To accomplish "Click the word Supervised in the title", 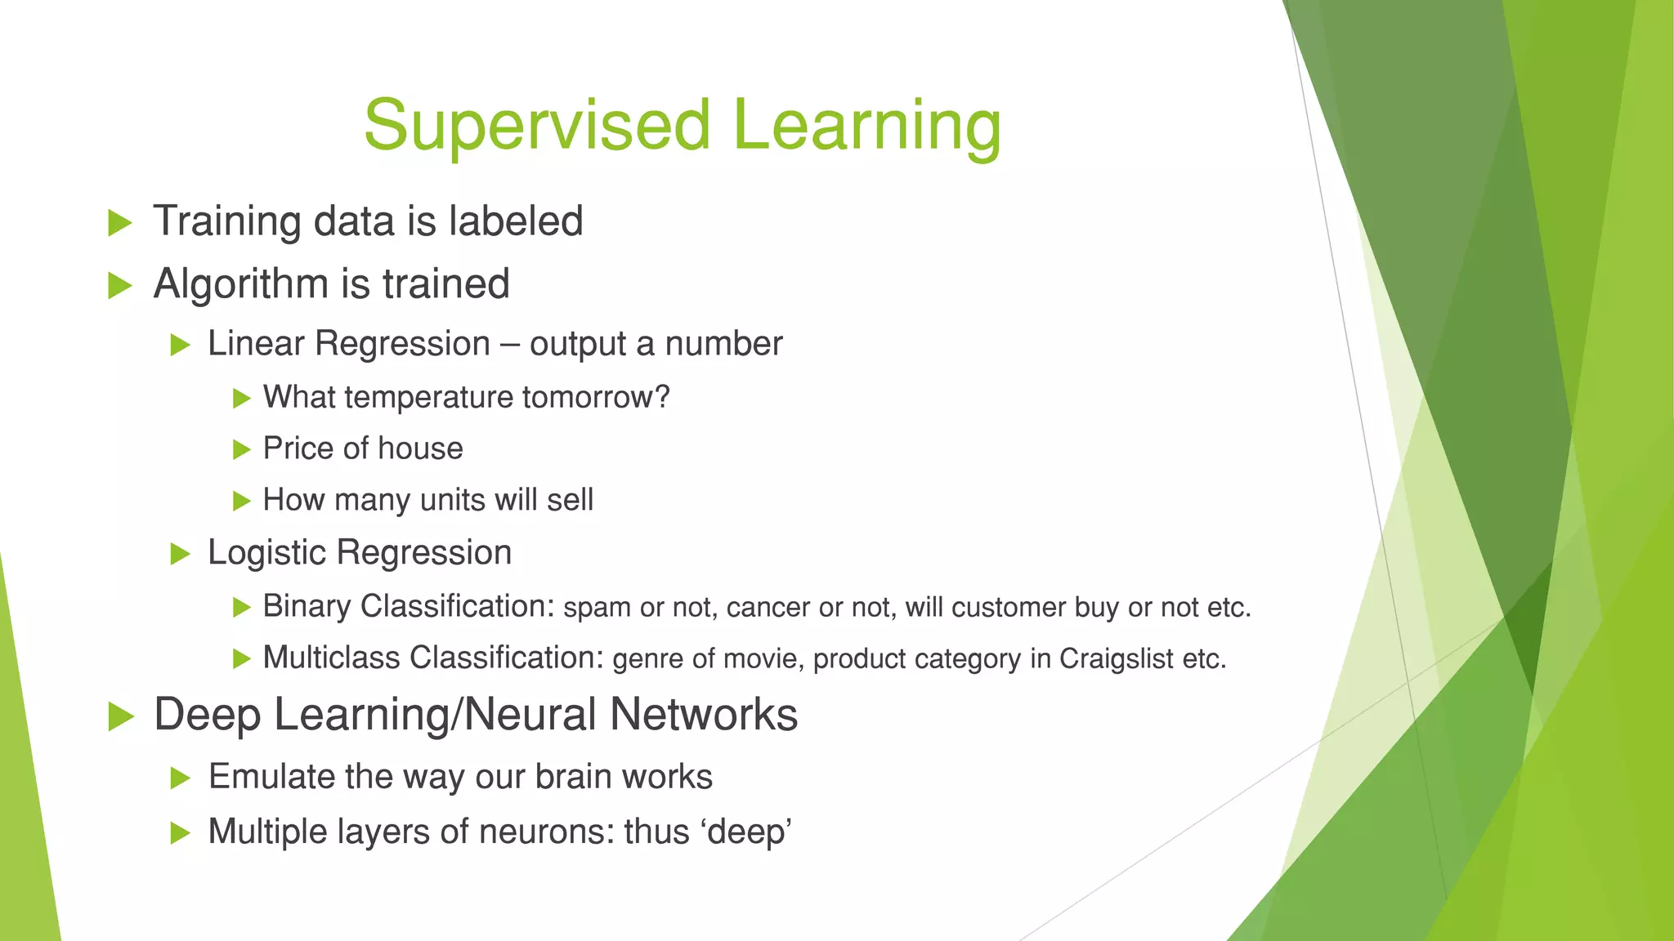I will pyautogui.click(x=537, y=126).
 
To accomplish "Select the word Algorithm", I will pyautogui.click(x=241, y=284).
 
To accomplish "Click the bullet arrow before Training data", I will pyautogui.click(x=120, y=222).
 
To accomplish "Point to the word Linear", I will pyautogui.click(x=256, y=343).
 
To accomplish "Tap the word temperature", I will pyautogui.click(x=434, y=398).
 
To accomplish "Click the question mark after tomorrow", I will pyautogui.click(x=662, y=397).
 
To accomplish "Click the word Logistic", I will pyautogui.click(x=266, y=553).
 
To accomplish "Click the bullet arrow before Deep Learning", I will pyautogui.click(x=121, y=716).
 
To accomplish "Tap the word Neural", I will pyautogui.click(x=530, y=715).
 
